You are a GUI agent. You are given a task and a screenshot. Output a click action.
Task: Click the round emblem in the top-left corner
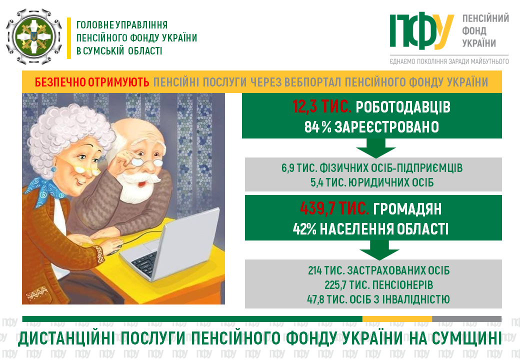click(x=34, y=36)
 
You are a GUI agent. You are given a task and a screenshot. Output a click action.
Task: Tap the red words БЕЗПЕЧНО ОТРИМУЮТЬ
click(x=92, y=82)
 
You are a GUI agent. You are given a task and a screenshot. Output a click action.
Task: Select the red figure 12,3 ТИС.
click(x=321, y=106)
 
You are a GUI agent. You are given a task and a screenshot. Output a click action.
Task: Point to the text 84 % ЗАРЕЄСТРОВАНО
click(x=371, y=127)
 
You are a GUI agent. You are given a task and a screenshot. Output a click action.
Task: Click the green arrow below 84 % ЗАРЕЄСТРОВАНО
click(x=375, y=148)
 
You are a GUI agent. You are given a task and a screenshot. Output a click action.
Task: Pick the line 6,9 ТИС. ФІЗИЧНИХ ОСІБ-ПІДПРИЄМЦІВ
click(x=372, y=168)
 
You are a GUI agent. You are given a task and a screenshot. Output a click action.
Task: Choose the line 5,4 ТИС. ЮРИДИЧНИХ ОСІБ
click(x=372, y=182)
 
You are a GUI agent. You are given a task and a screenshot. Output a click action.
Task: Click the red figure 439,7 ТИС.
click(x=334, y=209)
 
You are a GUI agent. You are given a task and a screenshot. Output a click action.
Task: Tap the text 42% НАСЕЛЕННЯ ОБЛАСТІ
click(x=370, y=229)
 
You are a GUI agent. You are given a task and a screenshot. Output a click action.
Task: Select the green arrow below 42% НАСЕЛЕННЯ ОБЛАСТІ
click(x=379, y=250)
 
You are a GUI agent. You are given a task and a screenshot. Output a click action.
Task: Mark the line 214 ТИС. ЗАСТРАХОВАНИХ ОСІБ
click(x=378, y=270)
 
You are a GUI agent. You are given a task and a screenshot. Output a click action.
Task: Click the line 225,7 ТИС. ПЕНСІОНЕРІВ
click(x=378, y=285)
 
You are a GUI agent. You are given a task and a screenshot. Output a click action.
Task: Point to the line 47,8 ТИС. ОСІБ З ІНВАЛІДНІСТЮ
click(x=378, y=299)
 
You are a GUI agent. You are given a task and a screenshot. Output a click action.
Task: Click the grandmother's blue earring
click(x=53, y=169)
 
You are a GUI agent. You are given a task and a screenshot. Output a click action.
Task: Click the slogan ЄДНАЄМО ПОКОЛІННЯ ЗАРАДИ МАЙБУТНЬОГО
click(x=449, y=61)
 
